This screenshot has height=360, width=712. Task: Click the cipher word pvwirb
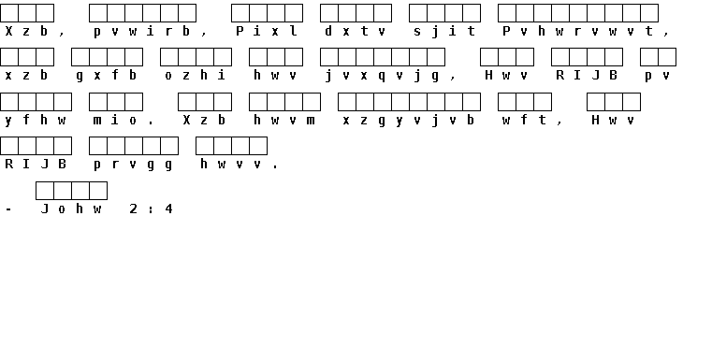pyautogui.click(x=141, y=31)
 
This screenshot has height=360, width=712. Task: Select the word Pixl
pyautogui.click(x=267, y=31)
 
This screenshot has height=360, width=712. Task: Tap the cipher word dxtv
pyautogui.click(x=356, y=31)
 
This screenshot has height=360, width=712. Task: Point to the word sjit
pyautogui.click(x=444, y=31)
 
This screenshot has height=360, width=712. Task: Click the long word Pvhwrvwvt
pyautogui.click(x=577, y=31)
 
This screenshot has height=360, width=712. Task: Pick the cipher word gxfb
pyautogui.click(x=106, y=76)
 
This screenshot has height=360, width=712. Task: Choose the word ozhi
pyautogui.click(x=195, y=75)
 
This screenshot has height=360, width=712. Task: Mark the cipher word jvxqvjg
pyautogui.click(x=382, y=76)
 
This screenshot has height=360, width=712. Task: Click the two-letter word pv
pyautogui.click(x=657, y=76)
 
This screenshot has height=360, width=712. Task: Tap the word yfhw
pyautogui.click(x=35, y=121)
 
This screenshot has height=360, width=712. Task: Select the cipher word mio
pyautogui.click(x=115, y=120)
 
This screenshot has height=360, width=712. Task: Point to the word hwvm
pyautogui.click(x=283, y=120)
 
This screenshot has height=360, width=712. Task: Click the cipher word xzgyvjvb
pyautogui.click(x=408, y=121)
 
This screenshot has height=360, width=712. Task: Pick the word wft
pyautogui.click(x=524, y=120)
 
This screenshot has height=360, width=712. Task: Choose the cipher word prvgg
pyautogui.click(x=133, y=165)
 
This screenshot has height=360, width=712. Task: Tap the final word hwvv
pyautogui.click(x=231, y=164)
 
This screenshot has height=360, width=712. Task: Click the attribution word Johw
pyautogui.click(x=71, y=209)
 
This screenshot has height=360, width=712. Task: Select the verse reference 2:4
pyautogui.click(x=151, y=209)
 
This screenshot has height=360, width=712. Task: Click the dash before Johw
pyautogui.click(x=8, y=209)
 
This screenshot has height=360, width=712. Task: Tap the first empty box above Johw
pyautogui.click(x=45, y=191)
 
